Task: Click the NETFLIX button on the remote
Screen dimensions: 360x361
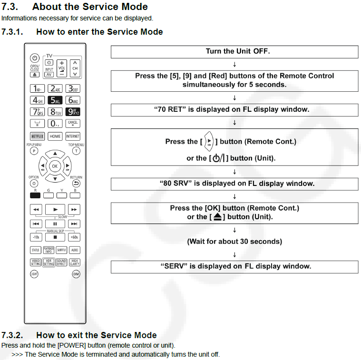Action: (37, 136)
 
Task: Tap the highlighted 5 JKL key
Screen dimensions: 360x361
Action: (55, 100)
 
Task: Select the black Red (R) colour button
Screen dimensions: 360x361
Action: (35, 195)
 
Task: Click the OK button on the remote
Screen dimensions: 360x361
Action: (55, 166)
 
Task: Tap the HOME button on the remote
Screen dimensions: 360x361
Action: (55, 136)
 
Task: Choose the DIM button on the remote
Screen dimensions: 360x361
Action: (76, 274)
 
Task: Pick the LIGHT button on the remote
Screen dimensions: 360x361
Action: (34, 274)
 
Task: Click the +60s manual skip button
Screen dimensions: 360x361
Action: (74, 237)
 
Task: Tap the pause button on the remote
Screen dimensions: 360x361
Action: (55, 224)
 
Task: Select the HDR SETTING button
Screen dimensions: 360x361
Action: (49, 262)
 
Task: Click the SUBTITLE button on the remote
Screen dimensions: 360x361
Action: (61, 250)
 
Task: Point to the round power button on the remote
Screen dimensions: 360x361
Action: (35, 58)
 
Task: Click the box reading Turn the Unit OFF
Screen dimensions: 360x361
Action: (234, 51)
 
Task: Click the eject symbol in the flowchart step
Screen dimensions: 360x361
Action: (217, 217)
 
